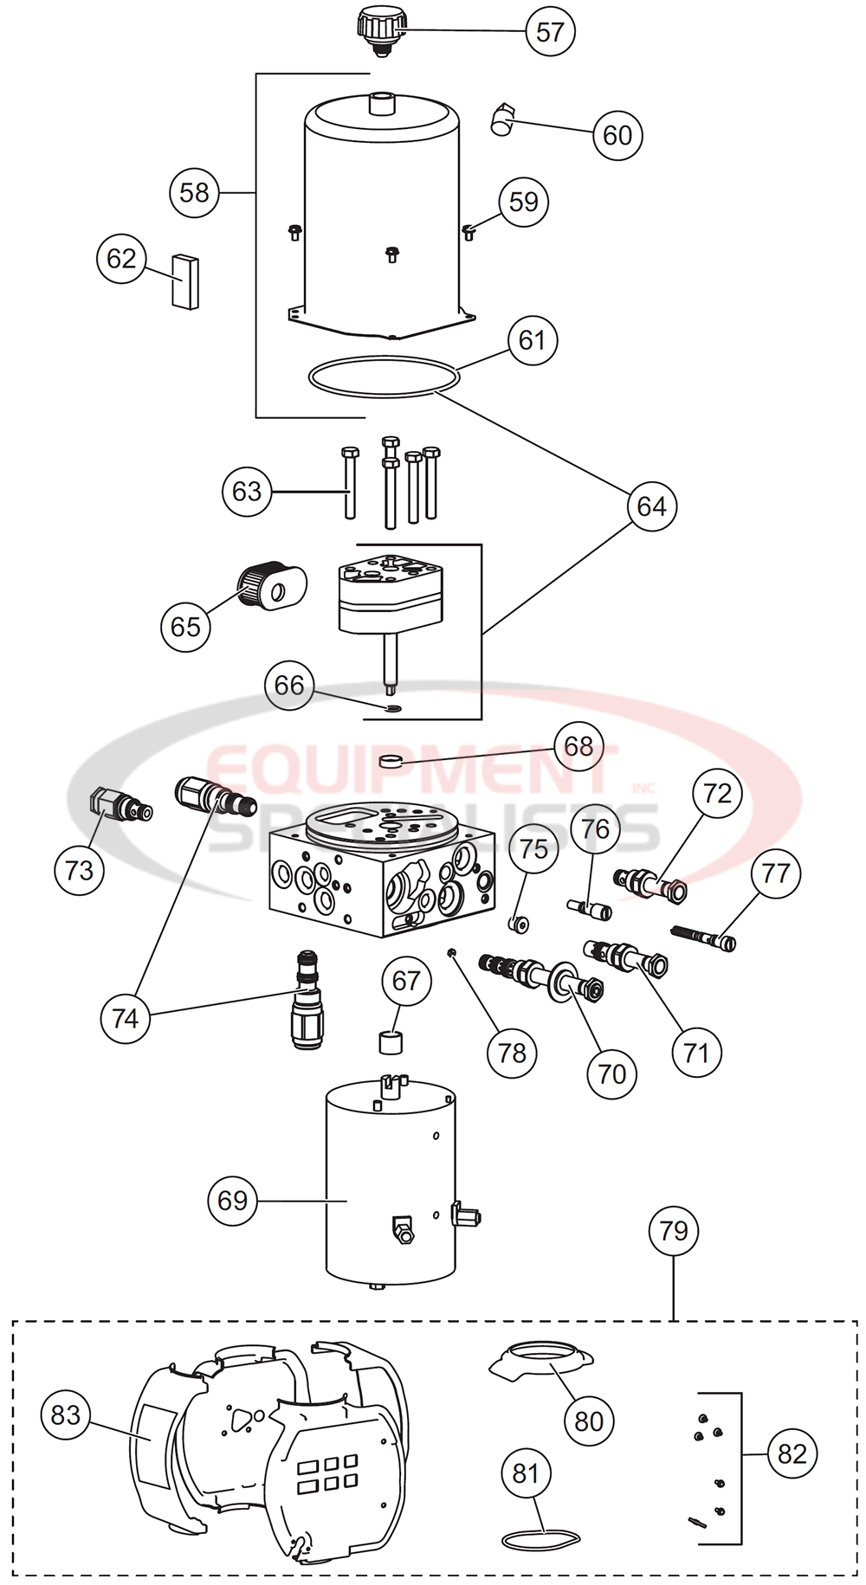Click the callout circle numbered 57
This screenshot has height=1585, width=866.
point(550,32)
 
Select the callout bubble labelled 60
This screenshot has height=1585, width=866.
point(617,136)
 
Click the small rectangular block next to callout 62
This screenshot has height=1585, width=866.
point(184,280)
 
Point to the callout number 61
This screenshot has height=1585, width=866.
point(532,340)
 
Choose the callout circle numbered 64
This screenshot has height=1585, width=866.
point(651,506)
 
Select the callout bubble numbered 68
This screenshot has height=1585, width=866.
point(578,746)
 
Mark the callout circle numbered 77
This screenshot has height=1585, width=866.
point(775,873)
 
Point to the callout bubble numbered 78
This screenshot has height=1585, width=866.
point(512,1053)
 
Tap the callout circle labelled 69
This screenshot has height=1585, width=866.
point(233,1201)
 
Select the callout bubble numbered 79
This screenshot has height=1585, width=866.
point(674,1231)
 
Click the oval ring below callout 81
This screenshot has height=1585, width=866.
point(540,1538)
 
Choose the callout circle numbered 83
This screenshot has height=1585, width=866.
point(66,1415)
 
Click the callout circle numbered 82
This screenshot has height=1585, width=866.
point(792,1454)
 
